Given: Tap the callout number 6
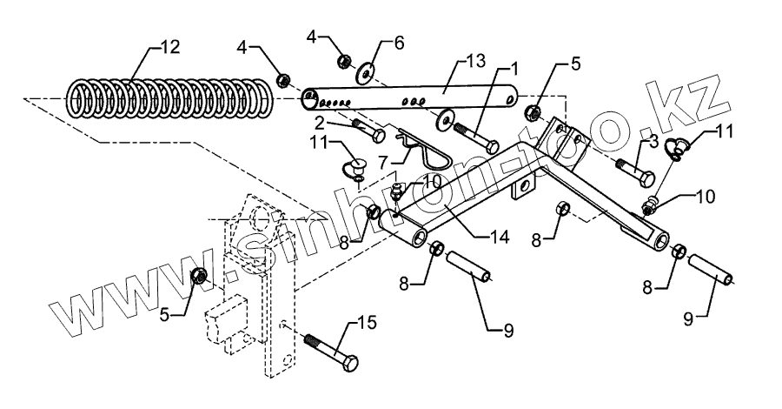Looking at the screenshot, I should pos(400,42).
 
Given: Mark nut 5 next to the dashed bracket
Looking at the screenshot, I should pos(199,278).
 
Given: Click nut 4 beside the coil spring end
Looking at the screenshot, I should pos(283,81).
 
